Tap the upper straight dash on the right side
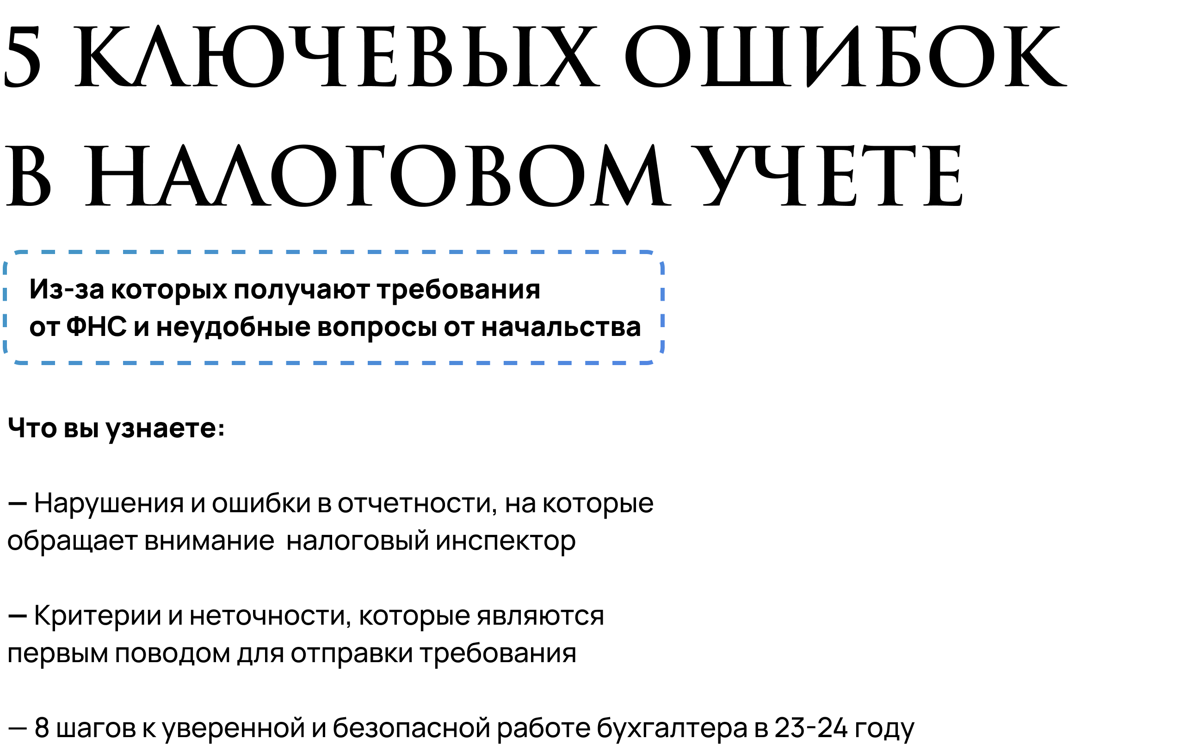pyautogui.click(x=662, y=293)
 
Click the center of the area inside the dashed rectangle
pyautogui.click(x=334, y=307)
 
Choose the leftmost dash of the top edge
pyautogui.click(x=48, y=252)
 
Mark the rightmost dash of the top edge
pyautogui.click(x=619, y=252)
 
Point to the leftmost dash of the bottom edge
pyautogui.click(x=48, y=363)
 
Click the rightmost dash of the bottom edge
pyautogui.click(x=619, y=363)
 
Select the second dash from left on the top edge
pyautogui.click(x=75, y=252)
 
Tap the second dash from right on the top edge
pyautogui.click(x=592, y=252)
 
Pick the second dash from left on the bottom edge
pyautogui.click(x=75, y=363)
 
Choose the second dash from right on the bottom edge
pyautogui.click(x=592, y=363)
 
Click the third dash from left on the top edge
pyautogui.click(x=103, y=252)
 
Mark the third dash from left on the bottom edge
pyautogui.click(x=103, y=363)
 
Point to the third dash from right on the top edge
pyautogui.click(x=565, y=252)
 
